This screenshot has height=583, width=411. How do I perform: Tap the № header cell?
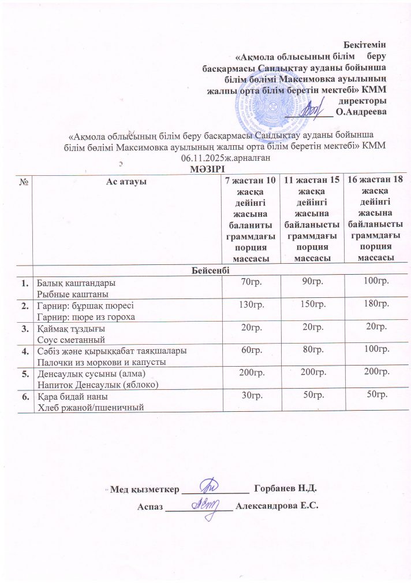[25, 182]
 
